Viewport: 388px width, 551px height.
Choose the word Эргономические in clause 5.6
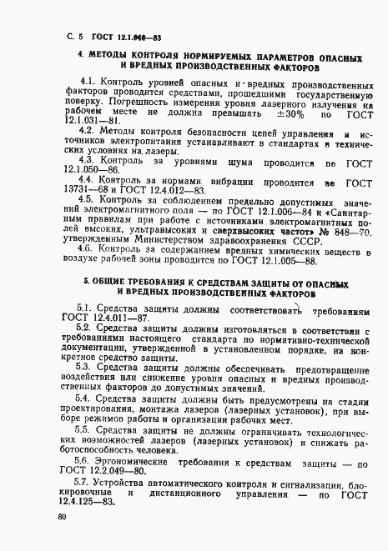[141, 461]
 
